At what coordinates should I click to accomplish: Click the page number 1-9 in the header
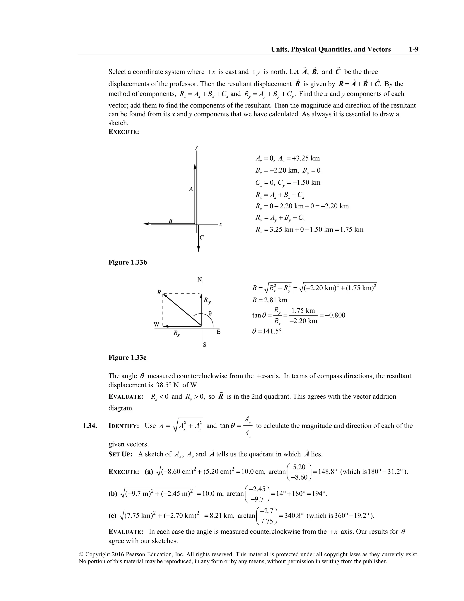(x=413, y=49)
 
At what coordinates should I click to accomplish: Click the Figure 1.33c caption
(x=127, y=357)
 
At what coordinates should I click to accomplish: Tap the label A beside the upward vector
(x=191, y=189)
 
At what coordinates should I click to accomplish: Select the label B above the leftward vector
(x=170, y=221)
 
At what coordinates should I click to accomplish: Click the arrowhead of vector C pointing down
(x=198, y=249)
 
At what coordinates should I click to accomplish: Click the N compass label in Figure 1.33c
(x=200, y=280)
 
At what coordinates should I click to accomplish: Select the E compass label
(x=219, y=332)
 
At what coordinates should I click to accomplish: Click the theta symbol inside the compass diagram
(x=210, y=313)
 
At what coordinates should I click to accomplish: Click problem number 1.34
(x=90, y=426)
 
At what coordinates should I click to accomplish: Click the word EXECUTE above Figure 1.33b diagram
(x=124, y=132)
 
